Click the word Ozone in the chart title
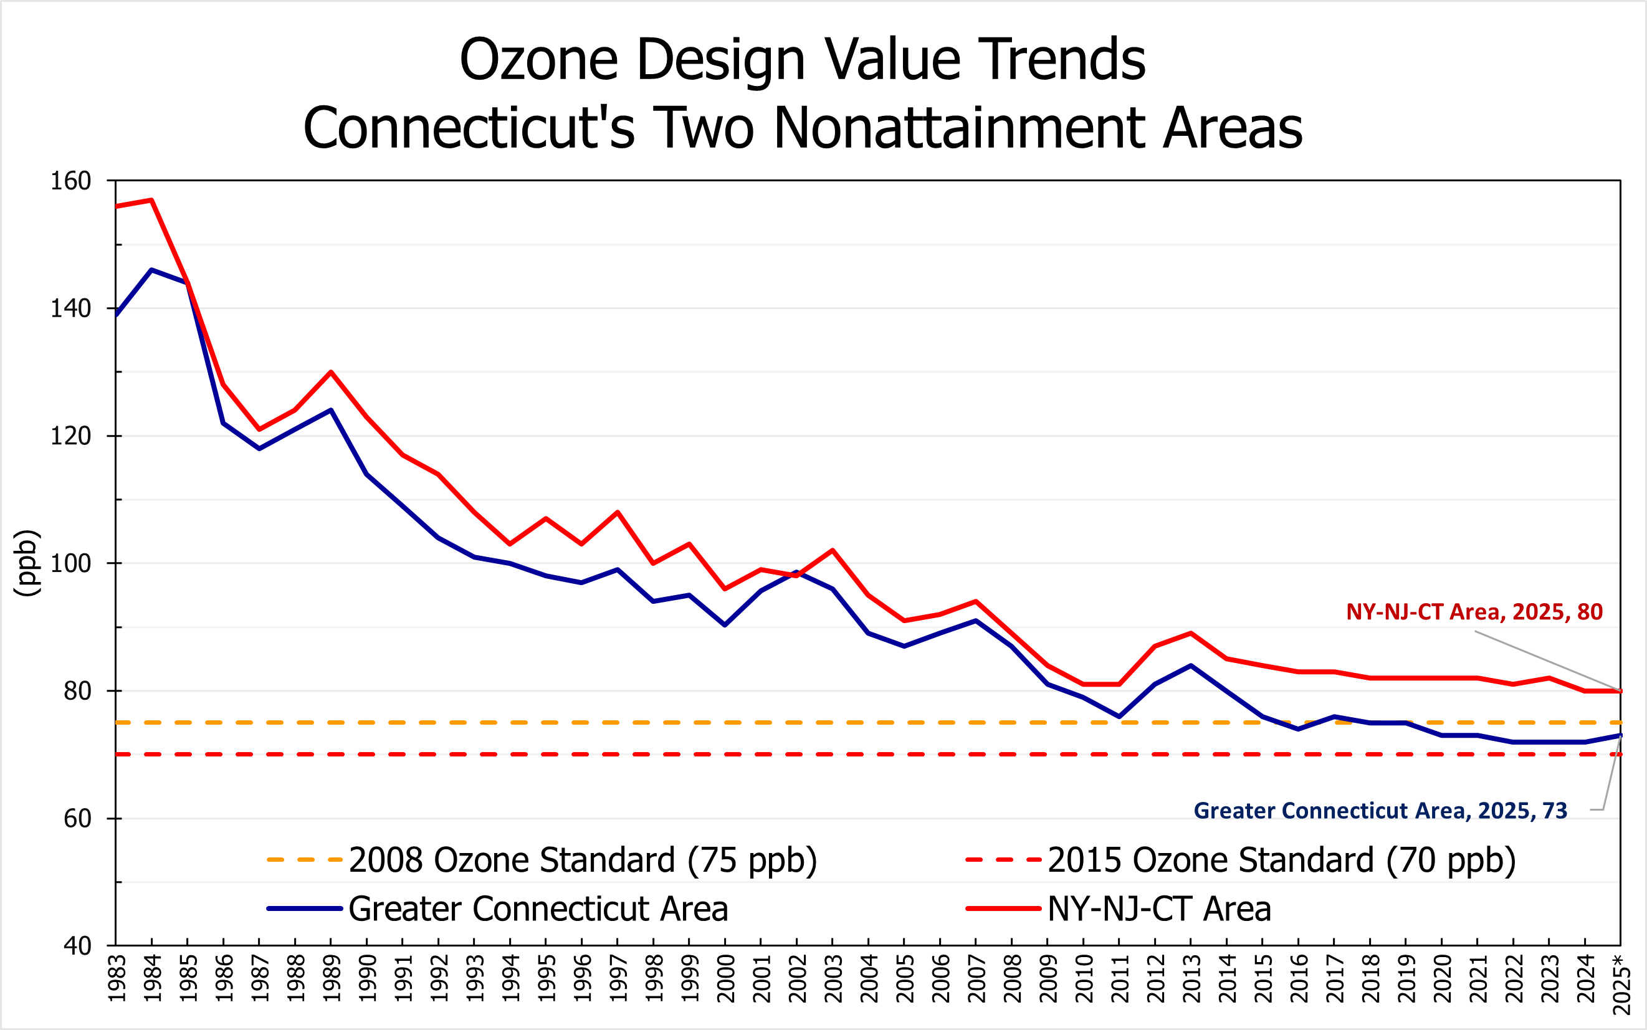pos(539,60)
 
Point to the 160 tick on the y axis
pos(71,181)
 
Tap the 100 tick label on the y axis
pos(71,564)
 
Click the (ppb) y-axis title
pos(27,563)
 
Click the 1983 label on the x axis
pos(117,979)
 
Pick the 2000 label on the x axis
pos(726,979)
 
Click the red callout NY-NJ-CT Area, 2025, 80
pos(1474,612)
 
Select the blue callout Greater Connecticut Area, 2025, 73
pos(1381,811)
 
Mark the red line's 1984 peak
pos(152,200)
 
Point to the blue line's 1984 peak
pos(152,270)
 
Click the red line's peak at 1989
pos(331,373)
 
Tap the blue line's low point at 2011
pos(1119,717)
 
